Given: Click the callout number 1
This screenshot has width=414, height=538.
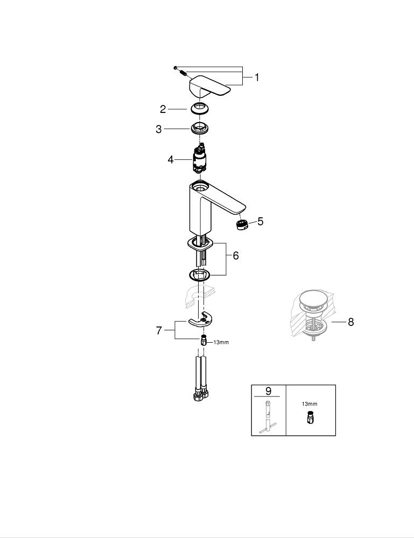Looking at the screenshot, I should coord(257,77).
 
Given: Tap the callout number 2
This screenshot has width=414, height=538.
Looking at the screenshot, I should coord(163,109).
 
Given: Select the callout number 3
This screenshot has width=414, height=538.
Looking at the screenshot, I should coord(158,129).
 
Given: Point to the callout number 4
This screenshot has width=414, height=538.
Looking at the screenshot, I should coord(171,160).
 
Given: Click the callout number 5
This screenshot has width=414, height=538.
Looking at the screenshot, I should coord(260,221).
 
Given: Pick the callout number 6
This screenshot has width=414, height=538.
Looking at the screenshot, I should coord(235,256).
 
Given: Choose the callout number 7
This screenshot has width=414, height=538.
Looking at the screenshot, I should coord(159,330).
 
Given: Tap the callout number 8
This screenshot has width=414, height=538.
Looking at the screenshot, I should coord(350,322).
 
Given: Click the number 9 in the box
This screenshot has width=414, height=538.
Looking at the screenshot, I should coord(268,391).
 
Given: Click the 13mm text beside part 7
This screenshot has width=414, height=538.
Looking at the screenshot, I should coord(221,342).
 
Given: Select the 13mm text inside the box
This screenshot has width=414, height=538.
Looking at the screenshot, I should coord(309,403).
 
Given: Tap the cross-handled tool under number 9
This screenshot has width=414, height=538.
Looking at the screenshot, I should coord(268,417).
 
